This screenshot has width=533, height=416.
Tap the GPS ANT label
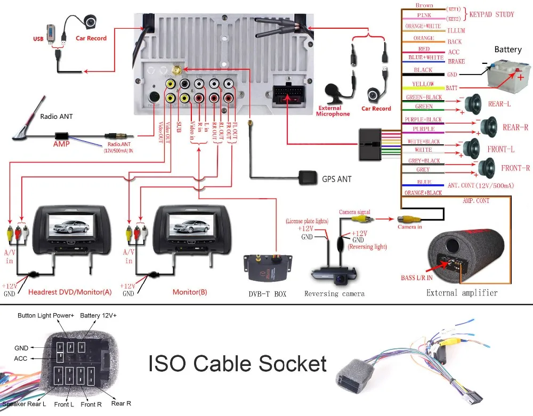coord(336,179)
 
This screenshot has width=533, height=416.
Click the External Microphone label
coord(334,111)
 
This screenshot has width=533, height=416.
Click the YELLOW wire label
coord(424,84)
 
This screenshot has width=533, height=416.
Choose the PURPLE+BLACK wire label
coord(423,120)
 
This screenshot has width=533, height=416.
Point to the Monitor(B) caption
coord(190,292)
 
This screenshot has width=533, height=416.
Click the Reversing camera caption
coord(334,293)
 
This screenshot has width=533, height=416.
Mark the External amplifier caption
coord(462,292)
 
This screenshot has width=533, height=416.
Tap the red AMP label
coord(61,144)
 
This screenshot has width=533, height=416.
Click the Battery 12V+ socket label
coord(98,316)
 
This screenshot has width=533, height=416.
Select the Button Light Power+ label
coord(46,316)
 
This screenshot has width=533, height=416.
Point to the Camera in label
coord(410,227)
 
